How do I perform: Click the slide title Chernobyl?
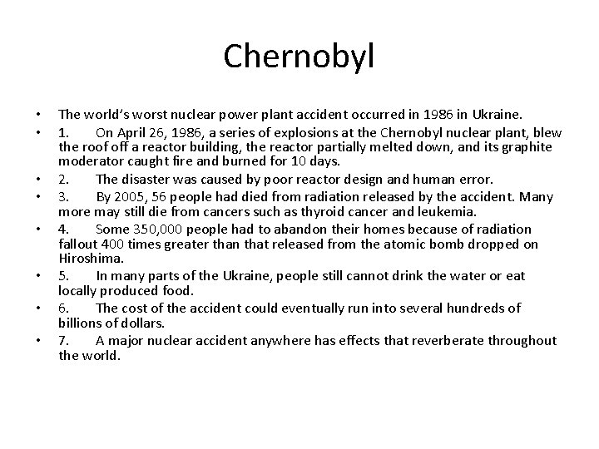point(299,57)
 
